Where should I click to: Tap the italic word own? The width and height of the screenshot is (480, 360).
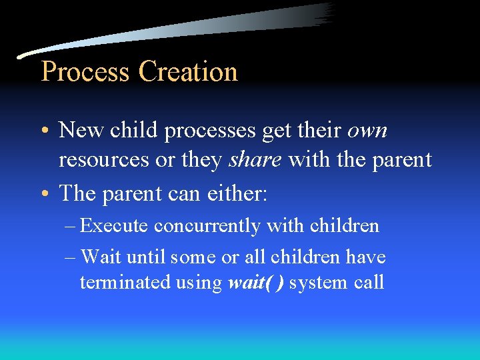coord(367,131)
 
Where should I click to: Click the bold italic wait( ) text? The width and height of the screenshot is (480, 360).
coord(256,282)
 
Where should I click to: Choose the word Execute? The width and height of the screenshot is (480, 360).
coord(114,226)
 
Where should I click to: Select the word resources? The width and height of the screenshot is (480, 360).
coord(104,160)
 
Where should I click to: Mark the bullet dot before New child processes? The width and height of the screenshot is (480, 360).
coord(45,131)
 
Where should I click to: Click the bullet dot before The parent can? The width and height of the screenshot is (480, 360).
coord(45,194)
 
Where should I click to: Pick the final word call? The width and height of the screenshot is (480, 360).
coord(369,282)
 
